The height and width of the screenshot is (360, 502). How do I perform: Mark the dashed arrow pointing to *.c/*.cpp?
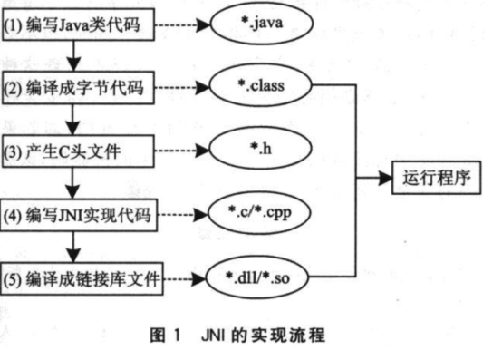click(186, 216)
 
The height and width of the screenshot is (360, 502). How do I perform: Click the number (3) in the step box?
click(15, 151)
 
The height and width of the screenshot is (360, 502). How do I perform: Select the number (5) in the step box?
click(15, 281)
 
